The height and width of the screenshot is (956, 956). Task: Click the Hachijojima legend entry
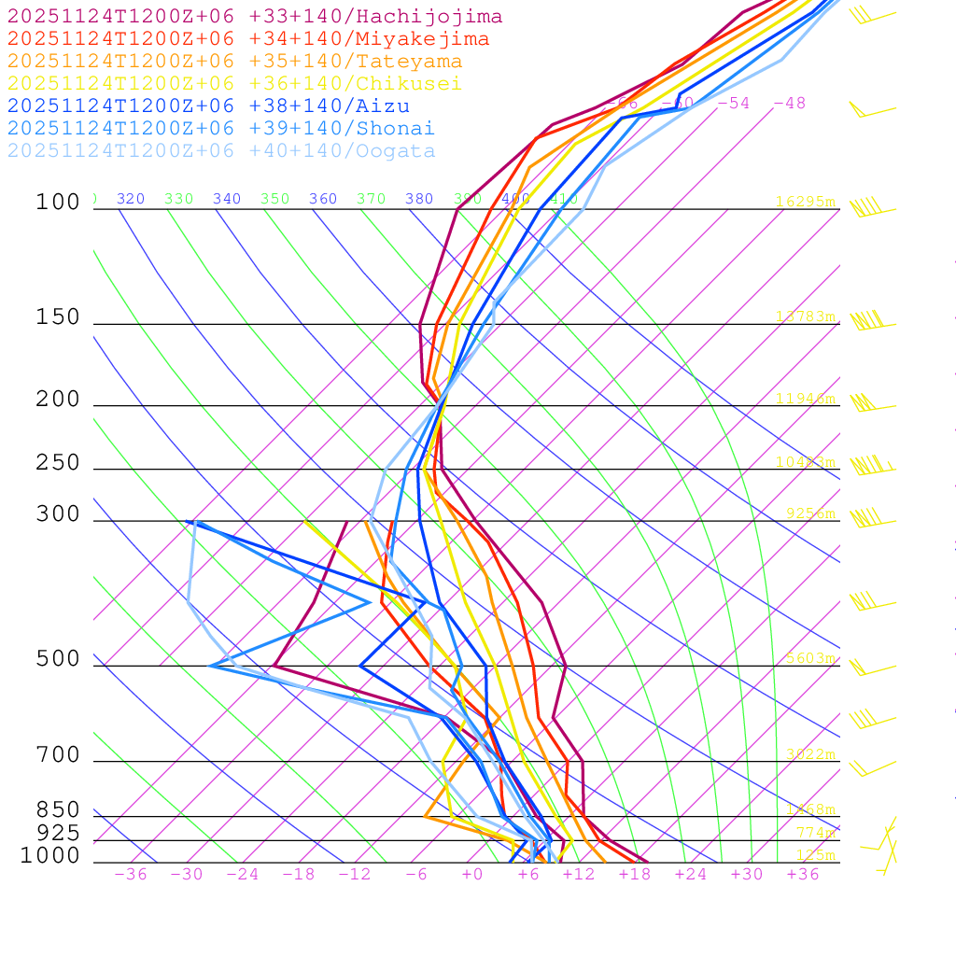[x=254, y=17]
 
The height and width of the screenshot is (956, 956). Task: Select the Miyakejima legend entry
[x=247, y=39]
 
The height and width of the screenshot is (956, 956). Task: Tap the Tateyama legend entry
[x=234, y=62]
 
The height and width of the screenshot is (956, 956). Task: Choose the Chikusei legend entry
[x=234, y=84]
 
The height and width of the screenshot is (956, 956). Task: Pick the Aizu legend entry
[x=208, y=106]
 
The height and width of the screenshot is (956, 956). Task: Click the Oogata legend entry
[x=221, y=151]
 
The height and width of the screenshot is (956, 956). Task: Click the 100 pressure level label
[x=58, y=203]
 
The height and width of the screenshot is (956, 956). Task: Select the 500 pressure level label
[x=58, y=659]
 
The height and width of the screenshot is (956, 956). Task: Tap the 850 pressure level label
[x=58, y=810]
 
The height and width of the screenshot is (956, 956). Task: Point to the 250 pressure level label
[x=58, y=463]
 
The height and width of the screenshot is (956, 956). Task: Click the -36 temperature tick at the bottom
[x=130, y=875]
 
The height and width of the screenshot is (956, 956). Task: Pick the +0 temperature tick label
[x=472, y=875]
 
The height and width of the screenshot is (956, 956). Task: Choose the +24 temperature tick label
[x=691, y=875]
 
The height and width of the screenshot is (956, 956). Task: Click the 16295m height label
[x=805, y=202]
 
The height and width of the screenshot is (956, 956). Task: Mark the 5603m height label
[x=810, y=658]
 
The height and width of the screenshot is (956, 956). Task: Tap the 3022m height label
[x=810, y=754]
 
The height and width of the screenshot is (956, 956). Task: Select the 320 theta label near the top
[x=131, y=199]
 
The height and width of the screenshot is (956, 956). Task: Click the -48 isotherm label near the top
[x=789, y=104]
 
